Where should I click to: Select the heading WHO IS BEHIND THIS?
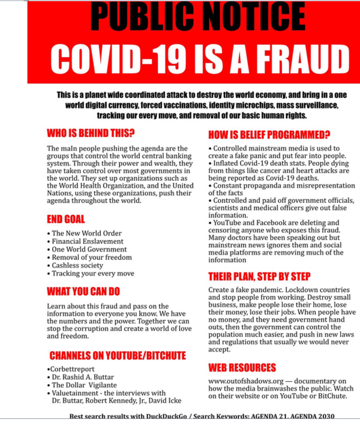[91, 133]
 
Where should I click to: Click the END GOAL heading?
[65, 219]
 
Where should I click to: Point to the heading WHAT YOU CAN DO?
[83, 292]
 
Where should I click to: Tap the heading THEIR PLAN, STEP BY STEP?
[259, 277]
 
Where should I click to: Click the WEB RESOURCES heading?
[242, 367]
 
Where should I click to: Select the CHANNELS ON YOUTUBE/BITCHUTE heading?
[118, 355]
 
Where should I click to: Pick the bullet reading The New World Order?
[86, 234]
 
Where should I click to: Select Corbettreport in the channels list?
[73, 369]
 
